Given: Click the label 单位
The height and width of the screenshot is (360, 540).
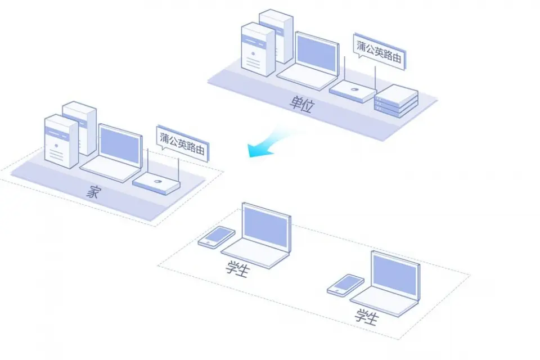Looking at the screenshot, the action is coord(300,105).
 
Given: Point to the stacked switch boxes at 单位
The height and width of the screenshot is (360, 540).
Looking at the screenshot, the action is coord(397,101).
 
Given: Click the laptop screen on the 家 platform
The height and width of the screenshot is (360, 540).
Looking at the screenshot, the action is coord(119,146).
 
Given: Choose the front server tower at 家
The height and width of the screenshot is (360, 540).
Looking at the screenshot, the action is coord(61,141).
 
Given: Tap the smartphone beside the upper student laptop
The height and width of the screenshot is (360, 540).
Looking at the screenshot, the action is coord(216,237).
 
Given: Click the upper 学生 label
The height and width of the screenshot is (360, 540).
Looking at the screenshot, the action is coord(237,269).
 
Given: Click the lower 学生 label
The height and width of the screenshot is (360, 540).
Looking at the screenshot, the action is coord(366,317).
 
